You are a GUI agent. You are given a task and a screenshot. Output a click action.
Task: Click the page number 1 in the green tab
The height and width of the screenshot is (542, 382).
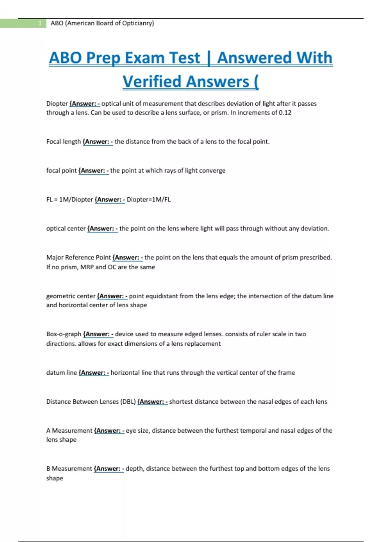click(40, 23)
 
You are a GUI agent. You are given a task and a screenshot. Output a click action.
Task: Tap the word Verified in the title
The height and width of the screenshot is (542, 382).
click(152, 81)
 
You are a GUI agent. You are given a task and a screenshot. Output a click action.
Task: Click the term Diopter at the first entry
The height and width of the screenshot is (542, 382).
click(57, 104)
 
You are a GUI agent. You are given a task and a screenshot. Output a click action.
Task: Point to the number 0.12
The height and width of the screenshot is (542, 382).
click(285, 113)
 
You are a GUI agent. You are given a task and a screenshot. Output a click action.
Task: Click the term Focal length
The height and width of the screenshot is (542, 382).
click(63, 142)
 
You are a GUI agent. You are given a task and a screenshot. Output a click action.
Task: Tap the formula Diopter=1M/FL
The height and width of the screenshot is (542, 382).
click(148, 200)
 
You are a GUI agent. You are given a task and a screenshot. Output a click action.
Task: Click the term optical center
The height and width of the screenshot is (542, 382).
click(66, 229)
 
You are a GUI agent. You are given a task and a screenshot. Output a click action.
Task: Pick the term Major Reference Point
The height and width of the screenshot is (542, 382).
click(78, 258)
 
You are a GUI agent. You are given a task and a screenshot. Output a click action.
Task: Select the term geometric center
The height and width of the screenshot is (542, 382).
click(71, 296)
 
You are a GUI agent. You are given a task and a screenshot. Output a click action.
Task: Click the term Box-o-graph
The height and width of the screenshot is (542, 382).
click(64, 334)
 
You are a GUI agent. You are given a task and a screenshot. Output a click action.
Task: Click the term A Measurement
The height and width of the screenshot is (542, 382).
click(69, 431)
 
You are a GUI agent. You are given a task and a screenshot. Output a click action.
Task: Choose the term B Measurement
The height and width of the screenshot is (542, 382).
click(69, 469)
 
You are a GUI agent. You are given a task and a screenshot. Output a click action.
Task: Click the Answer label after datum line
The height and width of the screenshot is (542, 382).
click(94, 373)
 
